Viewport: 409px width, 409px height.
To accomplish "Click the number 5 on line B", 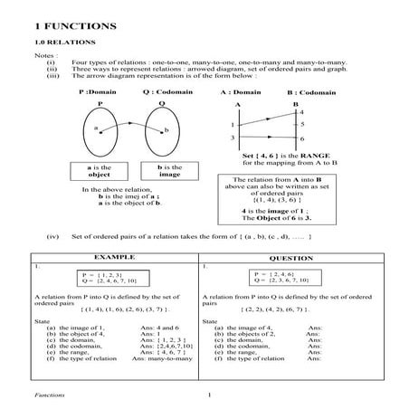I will [x=302, y=124].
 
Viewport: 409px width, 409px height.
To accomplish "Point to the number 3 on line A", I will [x=233, y=138].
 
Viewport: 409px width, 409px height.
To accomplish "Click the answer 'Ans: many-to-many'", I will [x=162, y=359].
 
